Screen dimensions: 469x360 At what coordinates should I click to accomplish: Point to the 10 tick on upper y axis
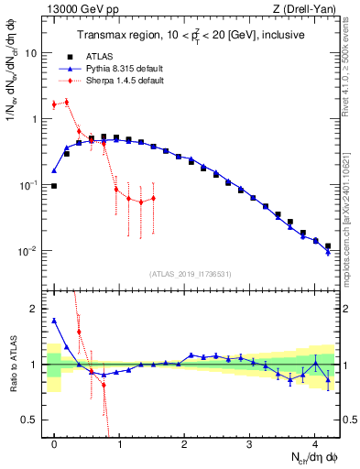[x=30, y=53]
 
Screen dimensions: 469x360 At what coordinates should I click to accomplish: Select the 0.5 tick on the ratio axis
[x=29, y=420]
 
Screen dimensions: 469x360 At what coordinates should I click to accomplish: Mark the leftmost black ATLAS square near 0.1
[x=54, y=186]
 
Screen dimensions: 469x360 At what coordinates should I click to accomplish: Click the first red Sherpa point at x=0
[x=54, y=104]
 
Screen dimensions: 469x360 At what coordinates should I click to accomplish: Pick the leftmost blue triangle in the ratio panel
[x=54, y=321]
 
